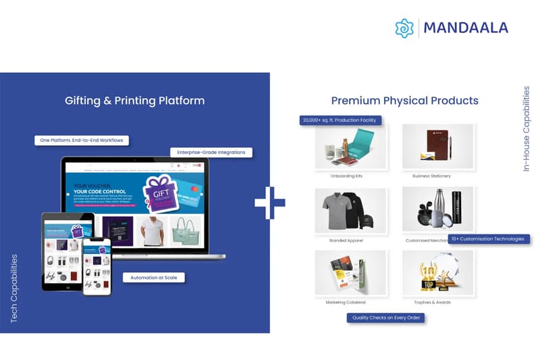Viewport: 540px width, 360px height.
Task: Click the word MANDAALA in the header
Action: (466, 28)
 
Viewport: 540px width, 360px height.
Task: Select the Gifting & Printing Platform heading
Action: (134, 101)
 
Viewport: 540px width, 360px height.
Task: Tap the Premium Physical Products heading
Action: (404, 101)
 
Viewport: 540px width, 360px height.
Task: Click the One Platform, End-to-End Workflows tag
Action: (82, 140)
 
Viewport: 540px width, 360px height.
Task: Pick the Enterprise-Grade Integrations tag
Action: (211, 153)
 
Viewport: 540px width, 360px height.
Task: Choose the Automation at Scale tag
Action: (154, 277)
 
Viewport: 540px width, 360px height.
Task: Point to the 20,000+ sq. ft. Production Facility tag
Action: (341, 120)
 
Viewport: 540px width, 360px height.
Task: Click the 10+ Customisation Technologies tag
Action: (488, 238)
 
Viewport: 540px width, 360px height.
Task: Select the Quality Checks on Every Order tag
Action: (385, 317)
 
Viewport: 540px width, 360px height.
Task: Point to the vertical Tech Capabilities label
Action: (14, 288)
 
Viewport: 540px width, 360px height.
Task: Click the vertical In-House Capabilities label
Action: (526, 128)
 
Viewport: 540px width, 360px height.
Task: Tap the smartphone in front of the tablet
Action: (97, 266)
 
